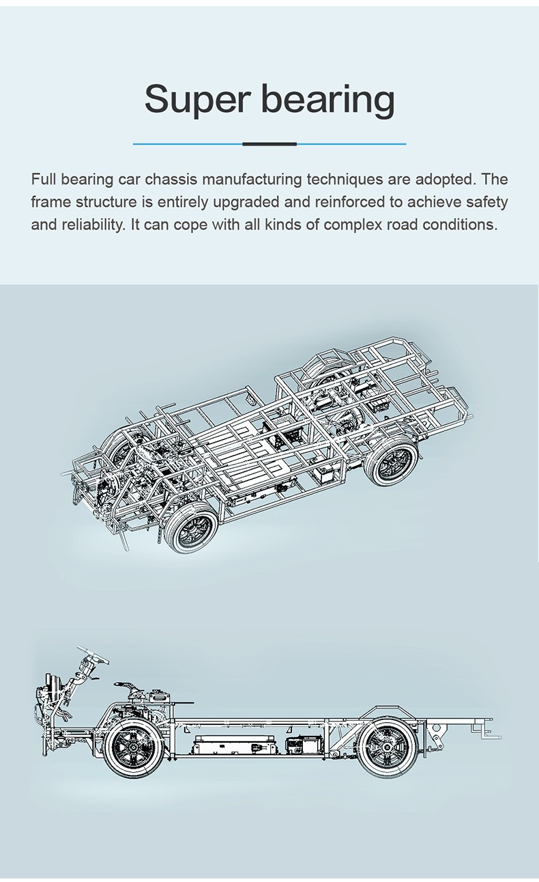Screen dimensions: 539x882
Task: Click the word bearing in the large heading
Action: click(328, 99)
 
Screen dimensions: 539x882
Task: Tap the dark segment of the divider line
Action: click(269, 144)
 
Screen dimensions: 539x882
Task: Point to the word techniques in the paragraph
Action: click(345, 180)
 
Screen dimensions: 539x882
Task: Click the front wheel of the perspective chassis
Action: click(192, 527)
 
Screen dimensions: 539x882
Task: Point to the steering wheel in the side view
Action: click(93, 655)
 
